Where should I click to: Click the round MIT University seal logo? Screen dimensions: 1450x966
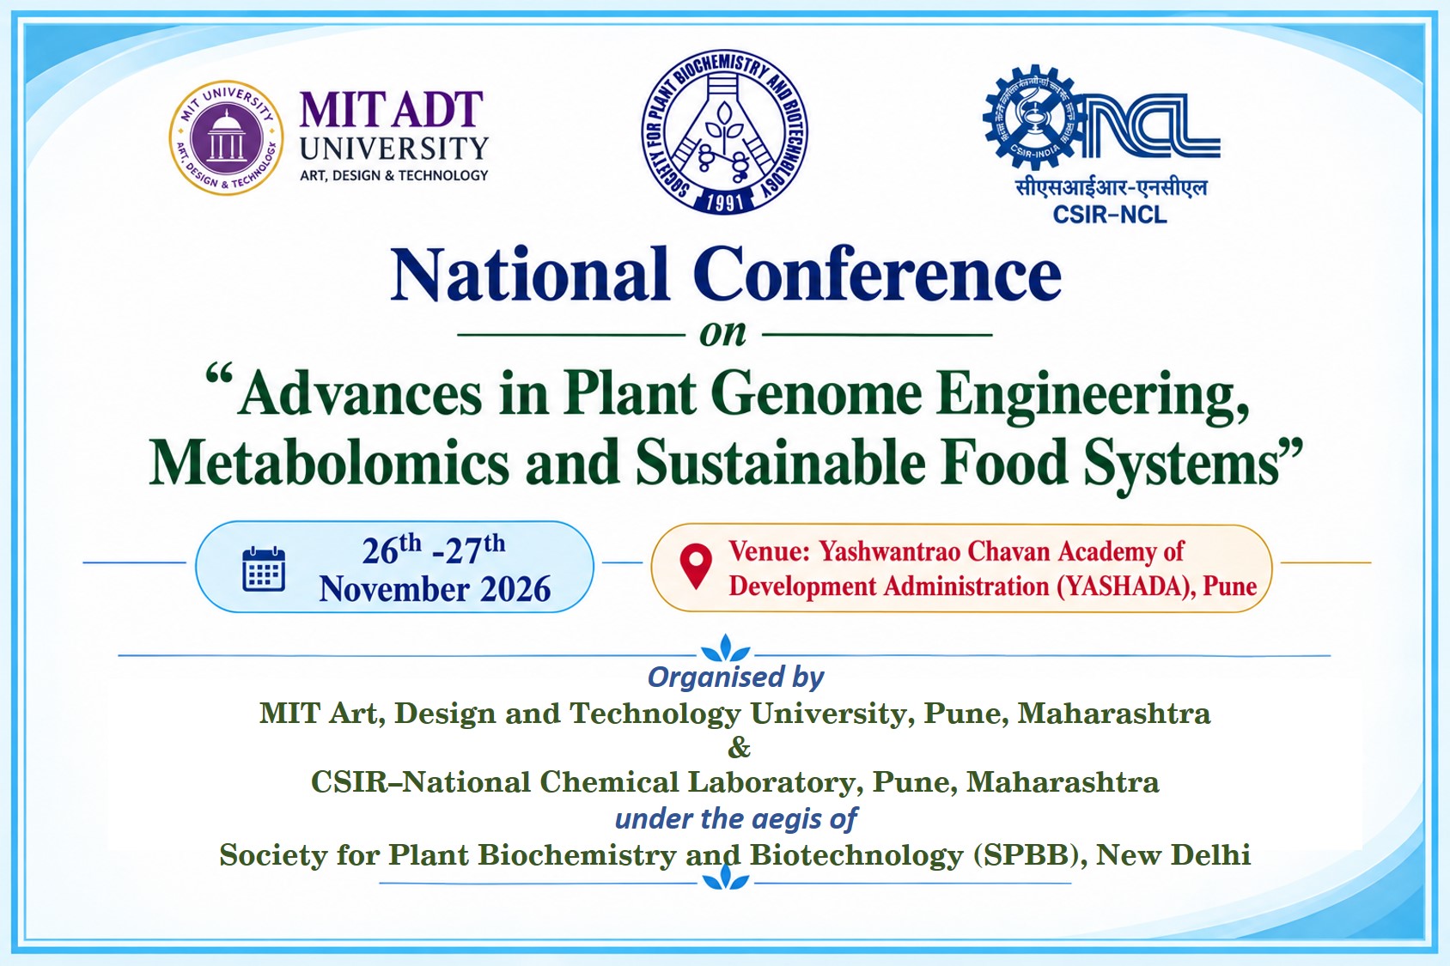pyautogui.click(x=227, y=137)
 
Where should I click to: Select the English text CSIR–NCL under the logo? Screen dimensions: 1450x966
pyautogui.click(x=1110, y=214)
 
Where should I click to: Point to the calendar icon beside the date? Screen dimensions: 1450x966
pyautogui.click(x=264, y=568)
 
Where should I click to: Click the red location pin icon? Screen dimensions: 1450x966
pyautogui.click(x=696, y=566)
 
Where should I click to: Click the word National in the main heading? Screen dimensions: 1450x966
pyautogui.click(x=529, y=275)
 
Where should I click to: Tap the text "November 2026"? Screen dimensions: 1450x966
pyautogui.click(x=435, y=589)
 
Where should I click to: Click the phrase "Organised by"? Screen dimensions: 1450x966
pyautogui.click(x=735, y=677)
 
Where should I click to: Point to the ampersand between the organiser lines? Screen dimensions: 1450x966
pyautogui.click(x=739, y=748)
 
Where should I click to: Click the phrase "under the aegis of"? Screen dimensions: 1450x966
pyautogui.click(x=736, y=819)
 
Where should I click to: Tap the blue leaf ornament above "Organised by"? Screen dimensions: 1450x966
pyautogui.click(x=726, y=647)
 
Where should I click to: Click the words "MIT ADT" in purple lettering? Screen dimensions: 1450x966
pyautogui.click(x=392, y=109)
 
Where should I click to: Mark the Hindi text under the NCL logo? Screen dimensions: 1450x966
pyautogui.click(x=1111, y=188)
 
